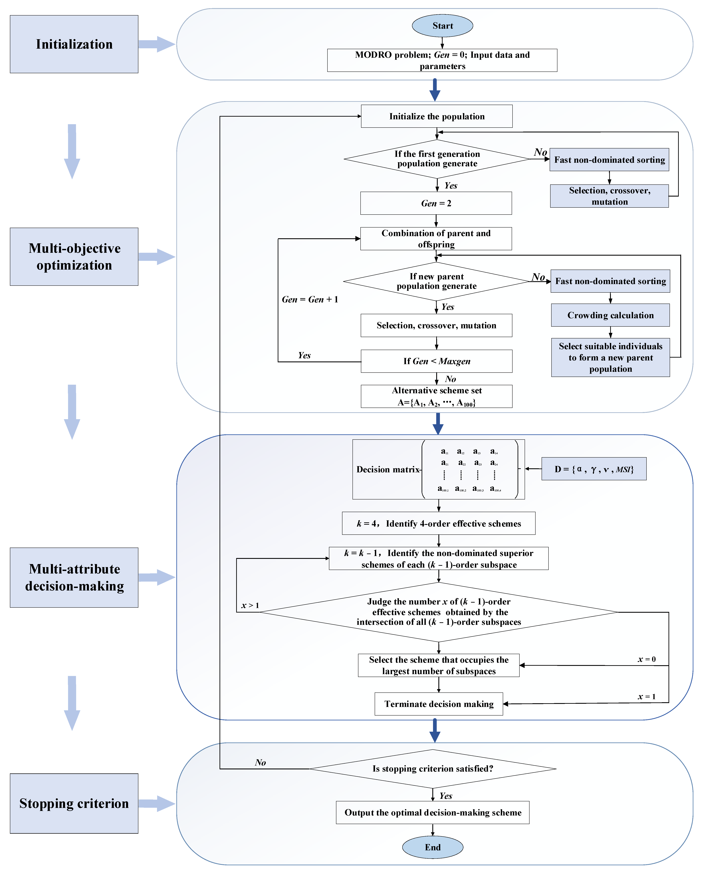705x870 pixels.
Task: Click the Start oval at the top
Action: coord(442,26)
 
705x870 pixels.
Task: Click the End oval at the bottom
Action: coord(433,847)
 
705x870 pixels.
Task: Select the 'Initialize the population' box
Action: coord(437,116)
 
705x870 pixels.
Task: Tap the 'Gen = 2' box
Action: coord(436,203)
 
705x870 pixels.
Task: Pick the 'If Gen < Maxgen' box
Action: coord(437,361)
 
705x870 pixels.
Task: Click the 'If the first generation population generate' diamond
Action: coord(437,159)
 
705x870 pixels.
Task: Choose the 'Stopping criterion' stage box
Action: coord(74,803)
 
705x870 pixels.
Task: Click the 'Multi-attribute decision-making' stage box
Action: coord(74,577)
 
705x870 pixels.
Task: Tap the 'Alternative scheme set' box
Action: coord(437,396)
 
